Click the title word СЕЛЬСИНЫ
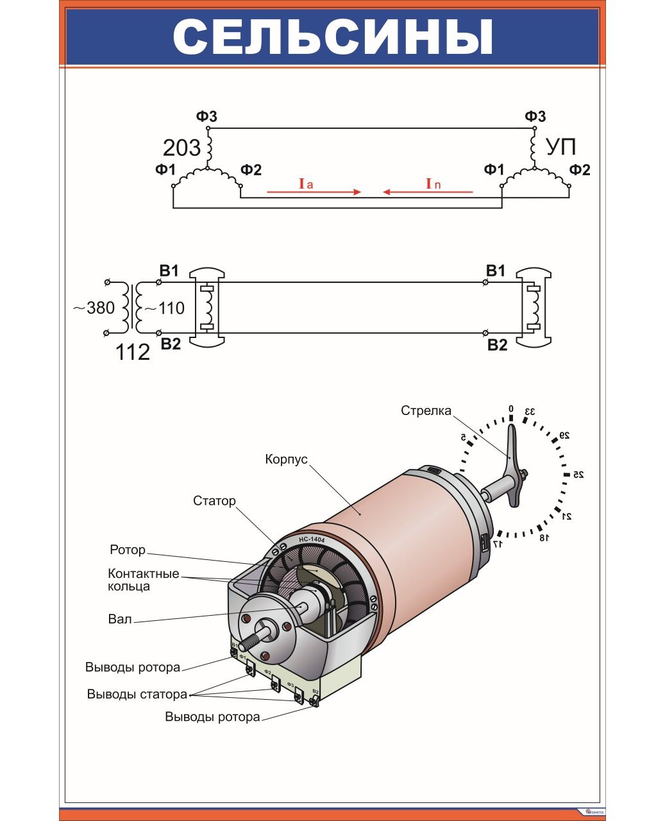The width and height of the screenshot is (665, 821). coord(333,37)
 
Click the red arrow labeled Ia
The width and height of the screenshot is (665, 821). coord(314,191)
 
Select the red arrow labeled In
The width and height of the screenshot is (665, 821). coord(428,191)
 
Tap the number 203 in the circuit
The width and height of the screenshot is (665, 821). coord(181,148)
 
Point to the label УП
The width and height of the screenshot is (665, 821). coord(560,148)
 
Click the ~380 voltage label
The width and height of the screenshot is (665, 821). coord(94,309)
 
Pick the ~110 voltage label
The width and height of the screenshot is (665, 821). coord(164,309)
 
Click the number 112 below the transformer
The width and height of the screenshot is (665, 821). coord(132,352)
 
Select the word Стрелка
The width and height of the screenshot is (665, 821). coord(426,410)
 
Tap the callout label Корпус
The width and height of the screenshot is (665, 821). coord(286,459)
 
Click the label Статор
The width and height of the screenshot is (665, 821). coord(214,501)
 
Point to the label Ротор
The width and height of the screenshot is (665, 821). coord(128,550)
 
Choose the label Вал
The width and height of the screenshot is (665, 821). coord(120,619)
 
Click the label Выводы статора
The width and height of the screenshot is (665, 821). coord(137,694)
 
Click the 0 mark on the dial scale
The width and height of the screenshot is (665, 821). coord(511,409)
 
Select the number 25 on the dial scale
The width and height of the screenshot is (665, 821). coord(578,475)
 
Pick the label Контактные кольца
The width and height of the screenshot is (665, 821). coord(143,580)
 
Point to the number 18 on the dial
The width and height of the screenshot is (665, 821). coord(543,537)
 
